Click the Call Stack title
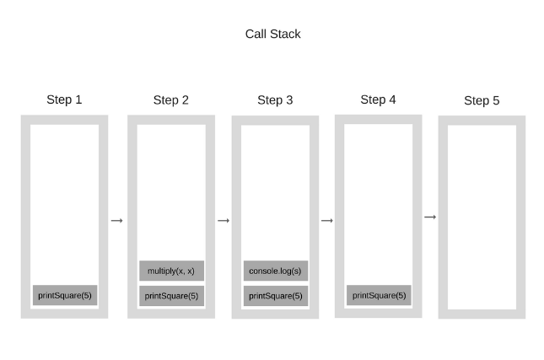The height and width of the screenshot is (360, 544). (x=272, y=34)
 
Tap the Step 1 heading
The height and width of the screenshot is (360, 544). (x=64, y=99)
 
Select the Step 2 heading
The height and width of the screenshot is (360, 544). (x=171, y=99)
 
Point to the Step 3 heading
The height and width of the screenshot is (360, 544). (x=275, y=99)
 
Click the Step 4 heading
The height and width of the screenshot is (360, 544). (x=378, y=99)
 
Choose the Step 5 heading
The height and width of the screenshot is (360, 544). (x=482, y=100)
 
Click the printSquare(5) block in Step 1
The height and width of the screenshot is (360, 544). (x=65, y=295)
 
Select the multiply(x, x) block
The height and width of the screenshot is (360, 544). (x=171, y=271)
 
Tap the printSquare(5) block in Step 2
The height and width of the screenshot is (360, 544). (x=171, y=296)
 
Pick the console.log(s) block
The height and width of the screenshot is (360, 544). (x=276, y=271)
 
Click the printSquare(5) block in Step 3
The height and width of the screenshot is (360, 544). (x=276, y=296)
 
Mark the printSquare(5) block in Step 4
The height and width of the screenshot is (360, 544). (x=379, y=295)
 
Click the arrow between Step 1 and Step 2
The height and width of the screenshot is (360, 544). (x=117, y=220)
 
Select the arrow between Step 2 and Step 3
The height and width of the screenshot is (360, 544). (x=224, y=220)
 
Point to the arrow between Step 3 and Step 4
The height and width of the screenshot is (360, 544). (x=327, y=220)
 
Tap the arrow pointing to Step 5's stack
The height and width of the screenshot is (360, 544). (x=430, y=218)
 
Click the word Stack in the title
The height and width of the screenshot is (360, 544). (x=286, y=34)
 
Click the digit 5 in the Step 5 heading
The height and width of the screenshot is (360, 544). (x=496, y=100)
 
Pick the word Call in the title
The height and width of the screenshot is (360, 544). (x=256, y=34)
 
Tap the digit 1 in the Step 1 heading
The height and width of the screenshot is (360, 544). (x=78, y=99)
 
